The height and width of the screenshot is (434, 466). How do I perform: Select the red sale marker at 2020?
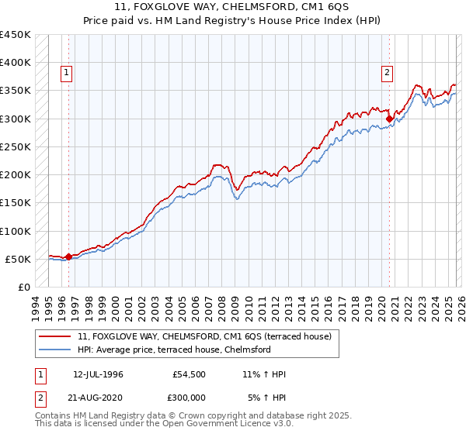[x=389, y=119]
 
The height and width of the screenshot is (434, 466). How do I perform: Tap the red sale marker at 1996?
[x=68, y=257]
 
